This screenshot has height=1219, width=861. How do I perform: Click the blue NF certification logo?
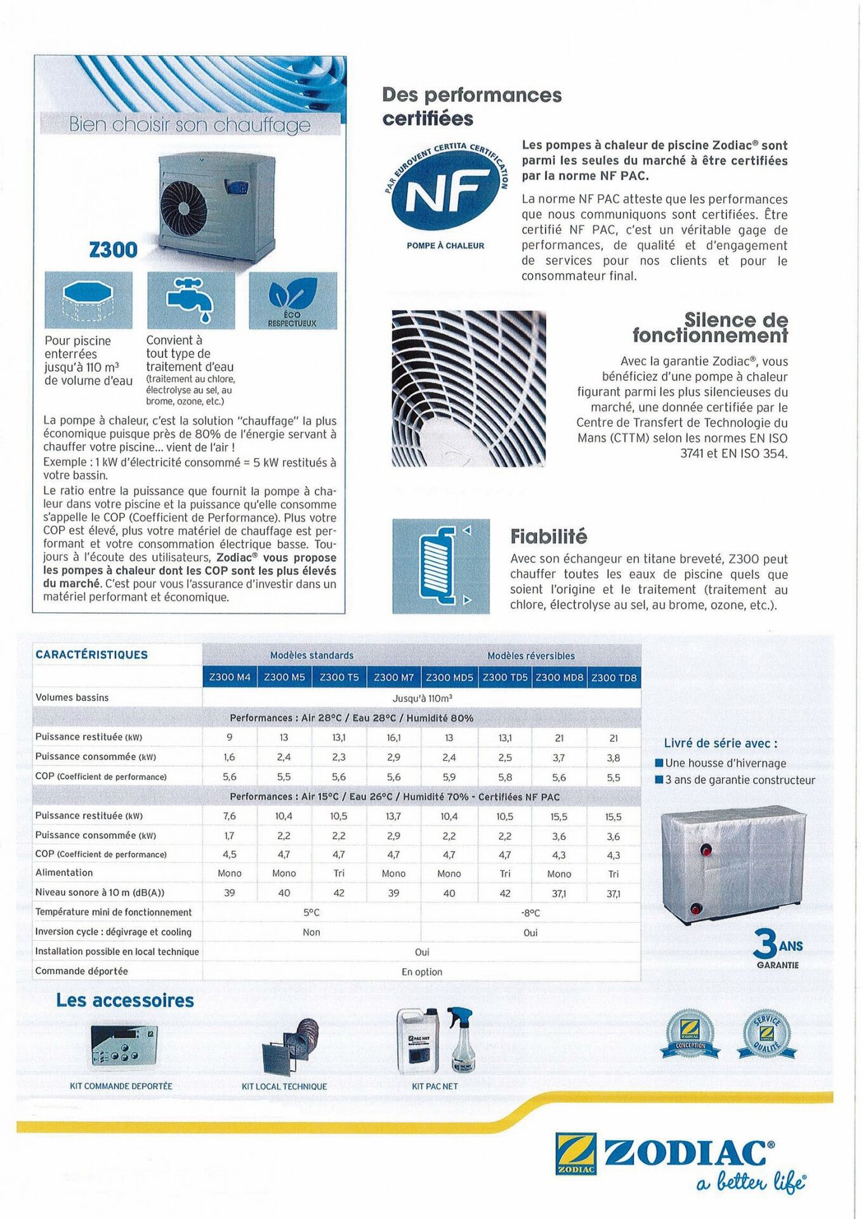tap(446, 190)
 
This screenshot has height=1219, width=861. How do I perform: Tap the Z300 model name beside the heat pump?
tap(114, 250)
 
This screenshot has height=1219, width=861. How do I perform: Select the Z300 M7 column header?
tap(393, 677)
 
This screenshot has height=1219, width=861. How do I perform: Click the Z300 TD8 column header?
tap(614, 677)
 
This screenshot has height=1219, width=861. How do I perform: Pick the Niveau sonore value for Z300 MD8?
tap(559, 893)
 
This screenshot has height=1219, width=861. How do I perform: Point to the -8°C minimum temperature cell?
tap(530, 913)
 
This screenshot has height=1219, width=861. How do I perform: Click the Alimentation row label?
tap(64, 873)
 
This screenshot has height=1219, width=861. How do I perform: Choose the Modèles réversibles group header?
tap(530, 655)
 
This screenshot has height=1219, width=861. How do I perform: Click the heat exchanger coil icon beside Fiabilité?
tap(440, 566)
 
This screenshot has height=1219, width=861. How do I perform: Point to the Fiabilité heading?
tap(549, 536)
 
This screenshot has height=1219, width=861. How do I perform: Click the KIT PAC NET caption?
tap(435, 1086)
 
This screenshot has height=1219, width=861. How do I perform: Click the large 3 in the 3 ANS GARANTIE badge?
tap(765, 944)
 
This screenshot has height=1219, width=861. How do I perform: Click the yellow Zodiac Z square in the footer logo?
tap(575, 1152)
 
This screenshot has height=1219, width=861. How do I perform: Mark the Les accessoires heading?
tap(125, 1001)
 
